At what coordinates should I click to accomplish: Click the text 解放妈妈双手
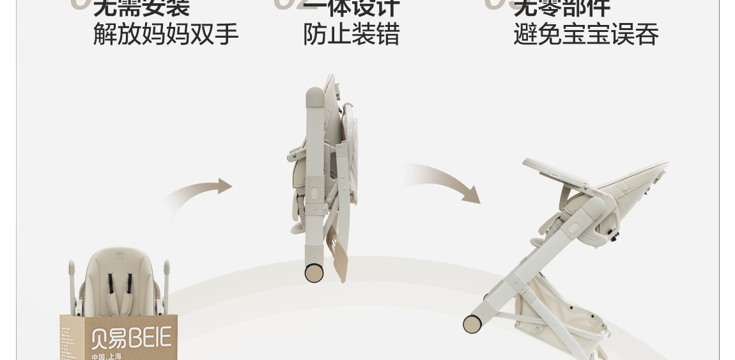[166, 34]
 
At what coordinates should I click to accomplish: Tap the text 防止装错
[351, 34]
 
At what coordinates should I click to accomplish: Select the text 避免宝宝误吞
[585, 34]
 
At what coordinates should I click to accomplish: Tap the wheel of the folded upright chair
[314, 272]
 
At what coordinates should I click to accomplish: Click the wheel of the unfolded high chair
[473, 324]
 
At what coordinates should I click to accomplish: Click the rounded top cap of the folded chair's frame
[315, 96]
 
